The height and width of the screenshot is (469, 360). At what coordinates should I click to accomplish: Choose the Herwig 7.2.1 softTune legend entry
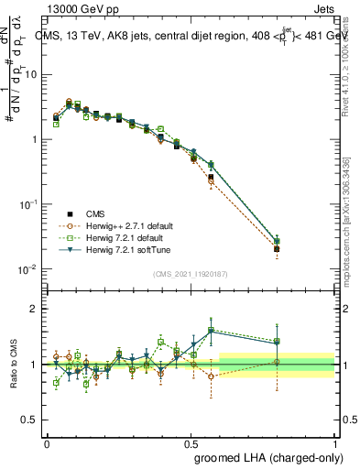point(134,249)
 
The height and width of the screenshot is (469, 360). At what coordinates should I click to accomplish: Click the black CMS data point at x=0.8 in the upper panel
point(277,248)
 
